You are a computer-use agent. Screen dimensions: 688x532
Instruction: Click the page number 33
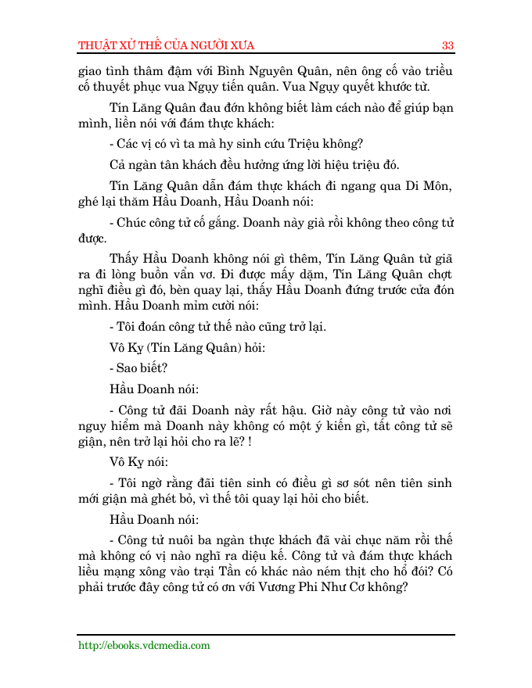point(448,45)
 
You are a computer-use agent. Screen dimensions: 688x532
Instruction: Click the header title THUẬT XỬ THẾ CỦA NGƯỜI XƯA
point(167,45)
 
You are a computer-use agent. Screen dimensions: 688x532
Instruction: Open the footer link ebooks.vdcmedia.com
point(145,645)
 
